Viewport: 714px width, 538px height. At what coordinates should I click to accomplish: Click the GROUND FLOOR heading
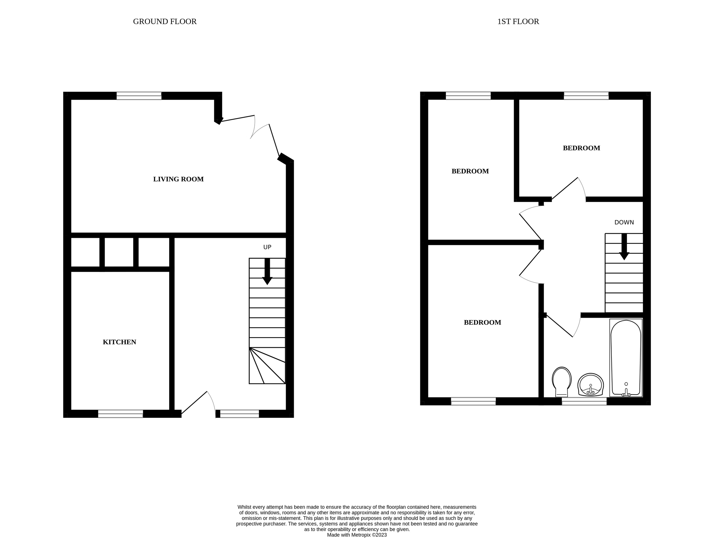tap(165, 22)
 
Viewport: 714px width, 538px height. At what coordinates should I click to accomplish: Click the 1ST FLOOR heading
tap(518, 22)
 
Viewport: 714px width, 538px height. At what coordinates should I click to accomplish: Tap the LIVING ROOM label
tap(178, 179)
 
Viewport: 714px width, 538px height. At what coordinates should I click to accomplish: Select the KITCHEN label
tap(120, 342)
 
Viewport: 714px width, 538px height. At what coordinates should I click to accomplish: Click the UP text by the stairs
tap(267, 247)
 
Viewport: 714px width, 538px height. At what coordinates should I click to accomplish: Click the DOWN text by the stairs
tap(624, 222)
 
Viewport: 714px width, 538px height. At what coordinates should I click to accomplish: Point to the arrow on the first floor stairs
tap(624, 247)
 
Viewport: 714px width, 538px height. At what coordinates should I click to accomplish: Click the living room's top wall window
tap(139, 96)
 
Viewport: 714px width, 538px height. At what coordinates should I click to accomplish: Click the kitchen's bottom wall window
tap(120, 414)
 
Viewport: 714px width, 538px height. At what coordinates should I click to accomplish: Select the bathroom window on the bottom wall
tap(584, 401)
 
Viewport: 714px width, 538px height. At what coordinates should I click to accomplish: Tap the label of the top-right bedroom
tap(581, 148)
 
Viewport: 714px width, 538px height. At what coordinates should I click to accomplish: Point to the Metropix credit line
tap(357, 535)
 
